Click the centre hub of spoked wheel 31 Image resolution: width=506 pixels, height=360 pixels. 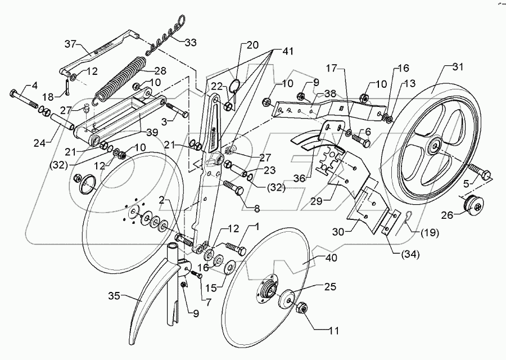tap(436, 147)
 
